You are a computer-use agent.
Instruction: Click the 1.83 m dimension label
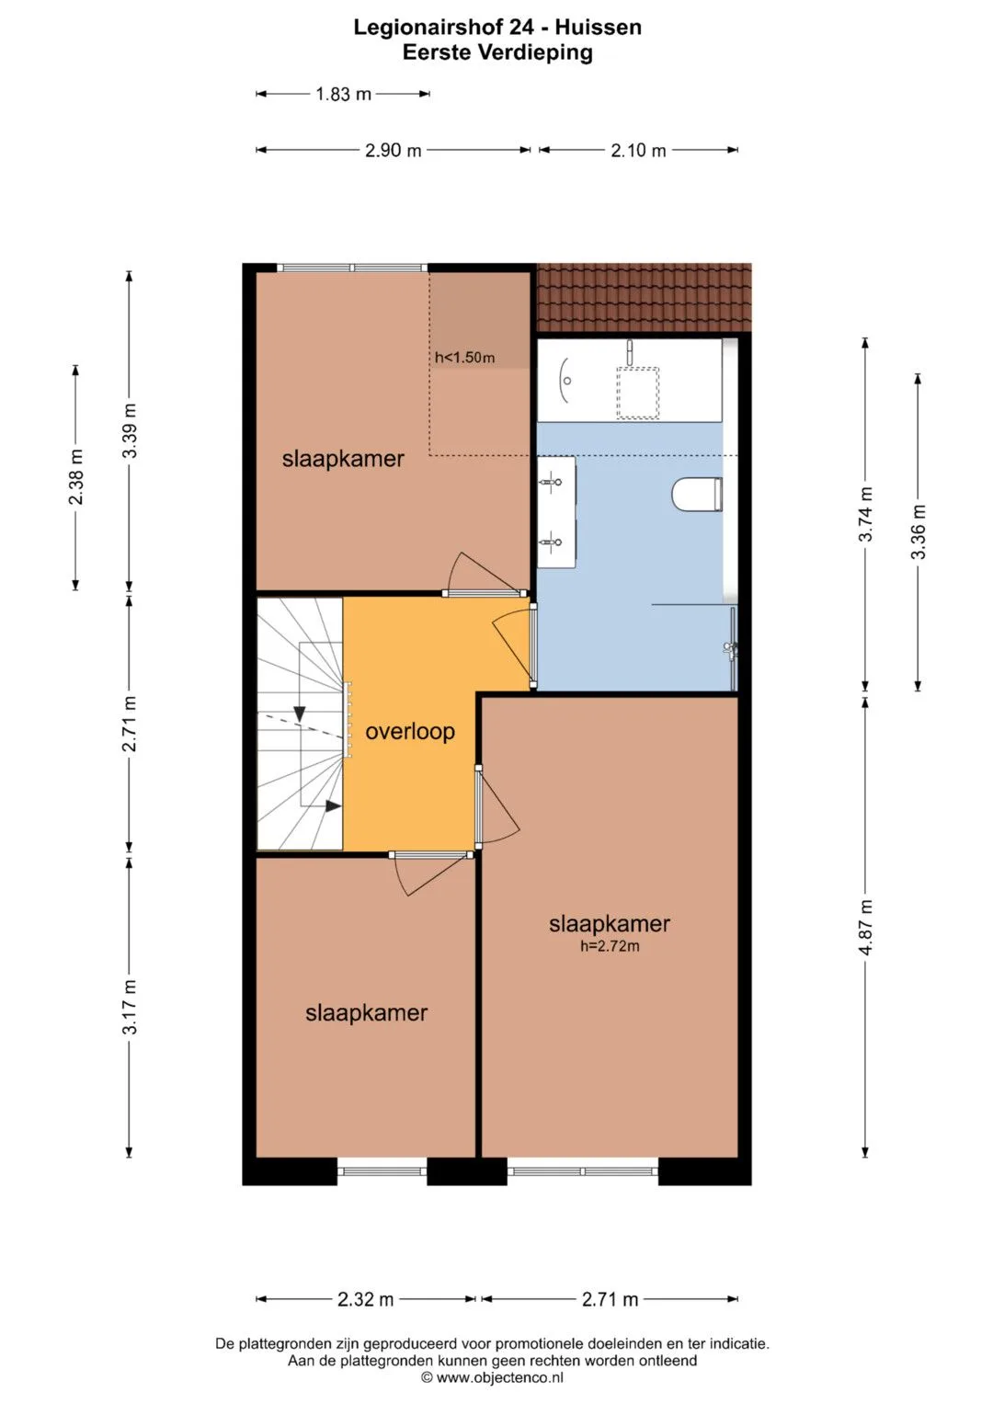pyautogui.click(x=343, y=94)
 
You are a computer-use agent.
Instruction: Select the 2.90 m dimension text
pyautogui.click(x=394, y=151)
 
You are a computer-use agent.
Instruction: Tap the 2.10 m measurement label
pyautogui.click(x=638, y=151)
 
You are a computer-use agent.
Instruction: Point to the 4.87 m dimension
pyautogui.click(x=865, y=927)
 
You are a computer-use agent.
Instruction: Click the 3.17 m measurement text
pyautogui.click(x=129, y=1007)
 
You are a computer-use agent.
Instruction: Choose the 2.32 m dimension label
pyautogui.click(x=366, y=1299)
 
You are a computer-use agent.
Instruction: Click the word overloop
pyautogui.click(x=410, y=732)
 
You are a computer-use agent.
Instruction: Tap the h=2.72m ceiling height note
pyautogui.click(x=610, y=946)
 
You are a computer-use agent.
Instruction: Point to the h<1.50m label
pyautogui.click(x=464, y=358)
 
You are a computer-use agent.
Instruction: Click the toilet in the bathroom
pyautogui.click(x=697, y=494)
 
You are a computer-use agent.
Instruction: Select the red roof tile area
pyautogui.click(x=644, y=298)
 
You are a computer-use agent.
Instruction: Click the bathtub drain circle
pyautogui.click(x=567, y=381)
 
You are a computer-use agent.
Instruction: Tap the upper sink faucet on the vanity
pyautogui.click(x=552, y=482)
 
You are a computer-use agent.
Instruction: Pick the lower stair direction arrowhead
pyautogui.click(x=333, y=805)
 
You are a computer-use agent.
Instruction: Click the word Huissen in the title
pyautogui.click(x=598, y=27)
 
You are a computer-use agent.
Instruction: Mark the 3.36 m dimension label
pyautogui.click(x=918, y=531)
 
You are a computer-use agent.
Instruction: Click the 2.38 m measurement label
pyautogui.click(x=75, y=477)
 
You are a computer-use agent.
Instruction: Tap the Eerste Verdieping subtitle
pyautogui.click(x=497, y=52)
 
